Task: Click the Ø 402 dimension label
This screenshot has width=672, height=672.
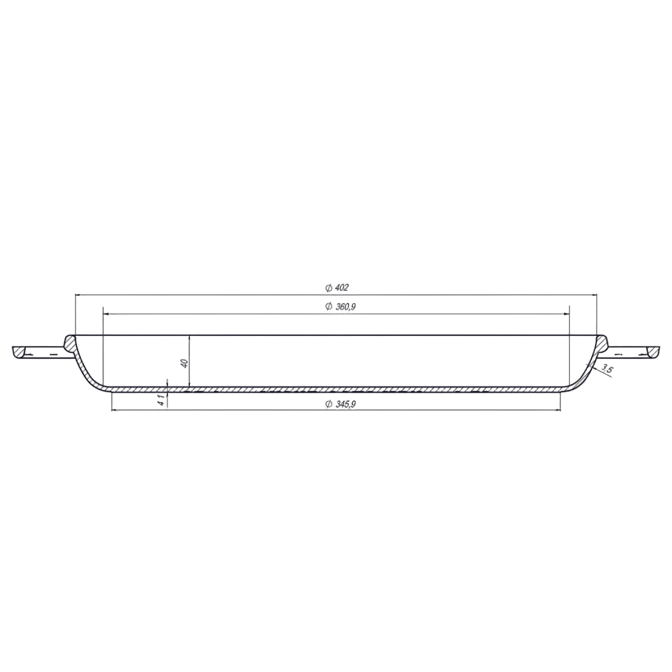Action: [x=337, y=288]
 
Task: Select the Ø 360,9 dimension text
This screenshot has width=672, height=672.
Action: [x=340, y=306]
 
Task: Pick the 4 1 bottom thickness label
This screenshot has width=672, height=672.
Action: [x=161, y=400]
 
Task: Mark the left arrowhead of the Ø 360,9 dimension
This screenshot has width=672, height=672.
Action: [x=106, y=314]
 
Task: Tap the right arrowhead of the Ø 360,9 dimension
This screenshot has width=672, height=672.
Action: [x=566, y=314]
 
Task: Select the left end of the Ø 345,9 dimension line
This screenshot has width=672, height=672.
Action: [x=114, y=410]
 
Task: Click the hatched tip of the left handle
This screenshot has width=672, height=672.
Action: [x=20, y=352]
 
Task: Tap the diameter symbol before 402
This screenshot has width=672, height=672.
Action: [x=328, y=288]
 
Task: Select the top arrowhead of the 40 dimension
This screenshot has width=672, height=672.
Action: [x=190, y=338]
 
